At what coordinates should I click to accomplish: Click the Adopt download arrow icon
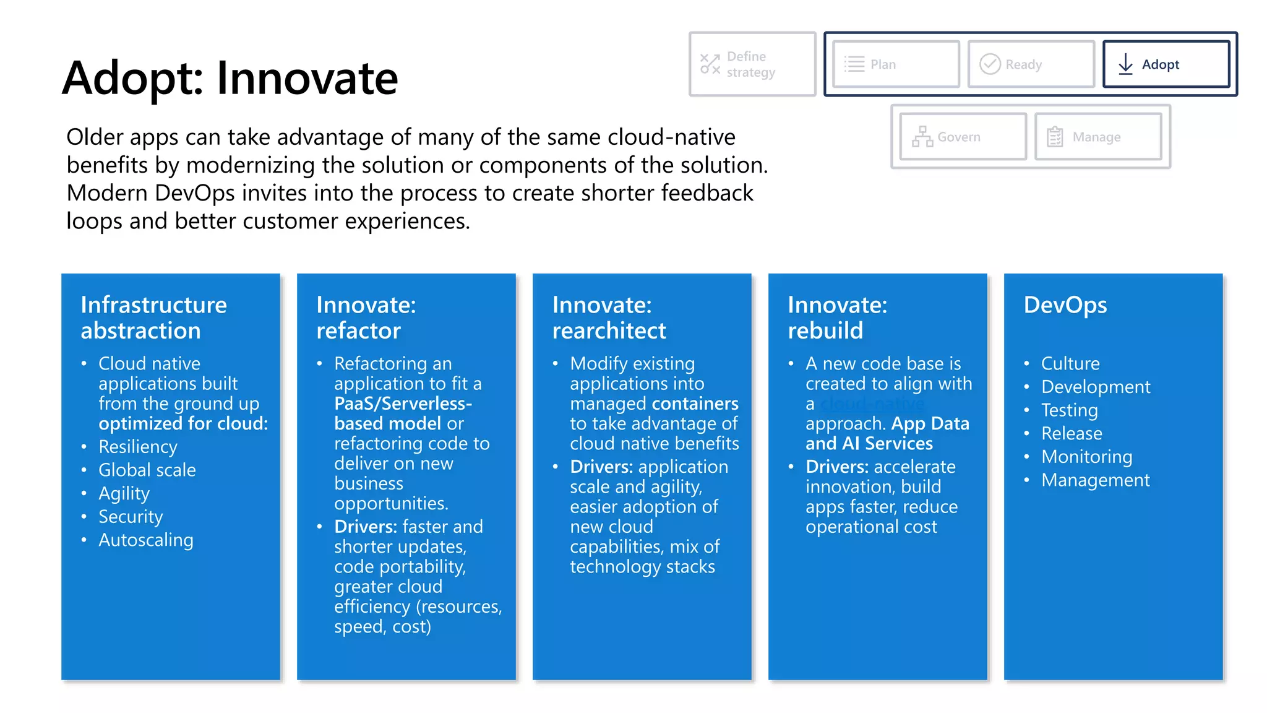point(1125,64)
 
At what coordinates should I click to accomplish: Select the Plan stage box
point(896,64)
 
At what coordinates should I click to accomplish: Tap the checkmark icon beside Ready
point(990,64)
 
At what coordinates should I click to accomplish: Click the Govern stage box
point(963,137)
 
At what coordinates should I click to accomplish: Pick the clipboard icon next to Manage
point(1055,137)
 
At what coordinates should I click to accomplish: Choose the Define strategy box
point(752,64)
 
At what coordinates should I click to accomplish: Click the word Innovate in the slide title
point(307,79)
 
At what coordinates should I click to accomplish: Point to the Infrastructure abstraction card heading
point(153,318)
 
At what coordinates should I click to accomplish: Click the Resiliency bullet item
point(137,447)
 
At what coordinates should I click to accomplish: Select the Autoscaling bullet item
point(146,540)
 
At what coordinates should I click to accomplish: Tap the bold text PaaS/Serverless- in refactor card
point(403,404)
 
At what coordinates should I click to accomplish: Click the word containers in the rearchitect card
point(699,404)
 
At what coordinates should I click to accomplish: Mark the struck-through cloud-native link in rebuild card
point(872,404)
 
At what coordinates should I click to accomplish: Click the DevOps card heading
point(1065,305)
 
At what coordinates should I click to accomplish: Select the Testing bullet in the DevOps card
point(1069,410)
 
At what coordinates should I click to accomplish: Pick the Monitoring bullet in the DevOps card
point(1086,457)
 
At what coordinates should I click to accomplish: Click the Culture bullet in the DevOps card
point(1070,363)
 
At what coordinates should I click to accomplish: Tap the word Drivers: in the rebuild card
point(837,467)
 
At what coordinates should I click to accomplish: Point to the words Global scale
point(147,470)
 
